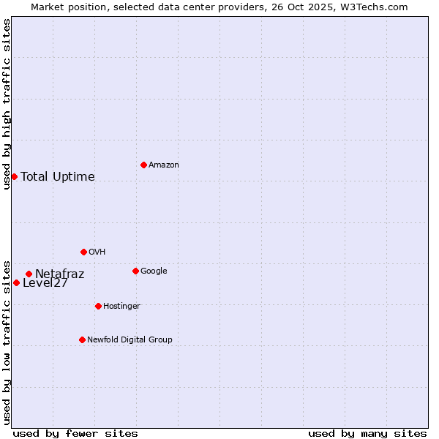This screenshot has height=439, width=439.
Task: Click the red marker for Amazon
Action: pos(143,165)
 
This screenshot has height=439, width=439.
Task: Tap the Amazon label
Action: pos(164,165)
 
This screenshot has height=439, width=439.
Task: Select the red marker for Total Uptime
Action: pos(14,176)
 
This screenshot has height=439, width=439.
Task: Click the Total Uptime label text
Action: pos(58,176)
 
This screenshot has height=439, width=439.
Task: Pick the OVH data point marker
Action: pos(83,252)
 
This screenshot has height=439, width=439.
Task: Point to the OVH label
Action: pos(97,252)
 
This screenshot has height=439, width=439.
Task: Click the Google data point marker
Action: pos(135,271)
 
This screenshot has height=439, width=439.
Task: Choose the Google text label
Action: pos(154,271)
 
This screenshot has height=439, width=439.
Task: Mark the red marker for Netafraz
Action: pos(29,274)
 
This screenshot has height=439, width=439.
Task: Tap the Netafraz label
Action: pos(60,274)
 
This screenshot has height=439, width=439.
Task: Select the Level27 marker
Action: pos(16,282)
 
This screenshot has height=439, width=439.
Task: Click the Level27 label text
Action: pos(45,284)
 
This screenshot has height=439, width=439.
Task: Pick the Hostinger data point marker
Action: pos(98,306)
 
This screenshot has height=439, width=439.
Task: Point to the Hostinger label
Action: pos(121,307)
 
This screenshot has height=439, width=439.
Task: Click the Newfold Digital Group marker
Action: pos(82,339)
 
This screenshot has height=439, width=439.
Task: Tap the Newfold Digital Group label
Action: pos(130,340)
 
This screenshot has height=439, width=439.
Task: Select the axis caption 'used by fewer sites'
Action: pos(75,433)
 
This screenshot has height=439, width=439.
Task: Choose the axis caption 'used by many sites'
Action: pos(367,433)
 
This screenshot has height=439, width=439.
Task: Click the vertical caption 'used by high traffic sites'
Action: pos(7,104)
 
